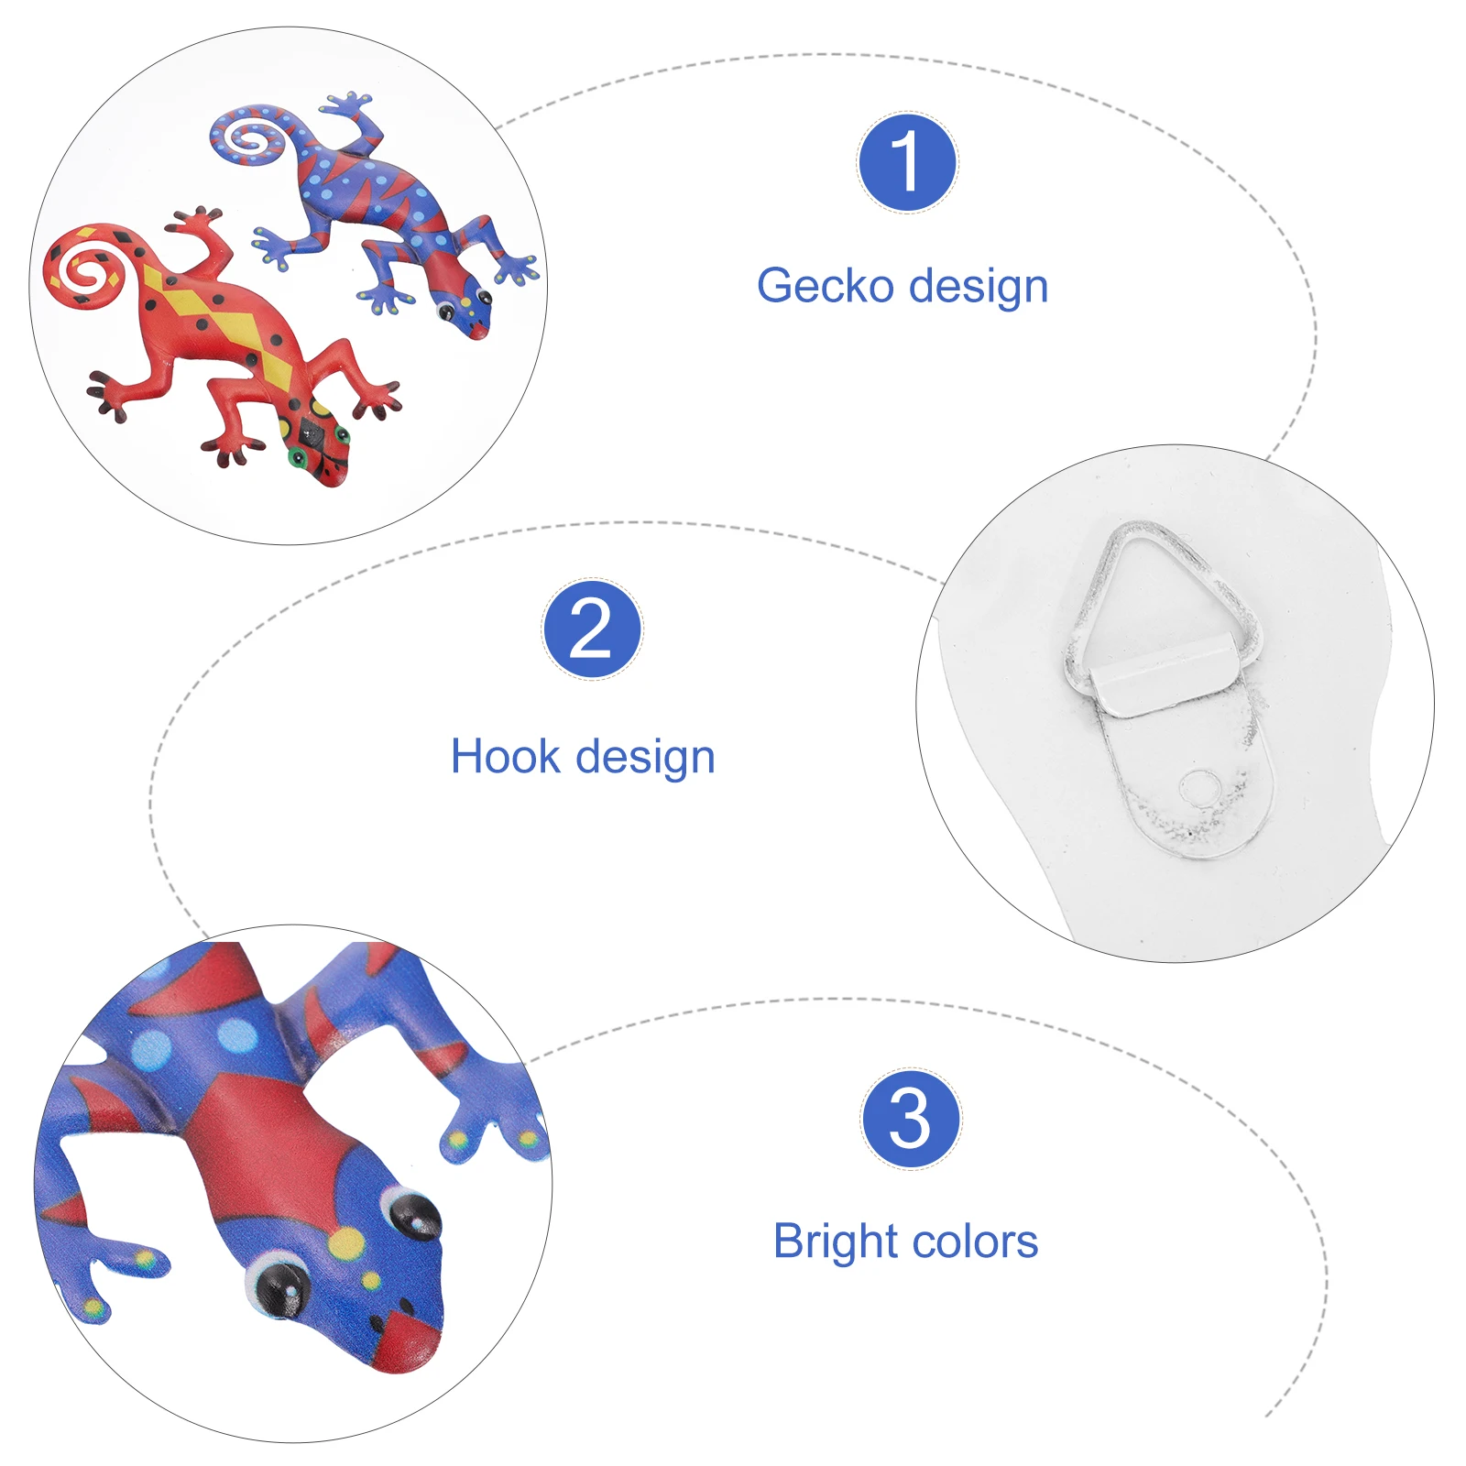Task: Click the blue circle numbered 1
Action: (907, 163)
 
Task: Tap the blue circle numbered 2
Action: (592, 629)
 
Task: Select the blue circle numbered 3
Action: (911, 1119)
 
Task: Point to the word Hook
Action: (505, 757)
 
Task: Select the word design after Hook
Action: (645, 758)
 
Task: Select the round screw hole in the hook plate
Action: (1199, 789)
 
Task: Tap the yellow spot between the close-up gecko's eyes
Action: (346, 1243)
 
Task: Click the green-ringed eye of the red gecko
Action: (298, 456)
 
